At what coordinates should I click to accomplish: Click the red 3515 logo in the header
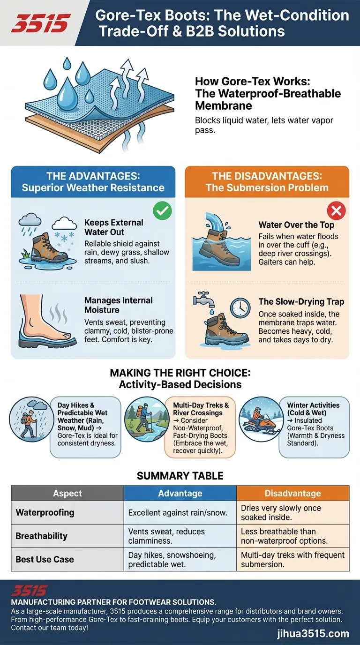[41, 23]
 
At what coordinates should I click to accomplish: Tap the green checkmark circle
[163, 211]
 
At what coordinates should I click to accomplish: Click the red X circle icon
[336, 211]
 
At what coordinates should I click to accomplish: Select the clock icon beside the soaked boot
[240, 307]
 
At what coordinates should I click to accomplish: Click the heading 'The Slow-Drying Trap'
[301, 302]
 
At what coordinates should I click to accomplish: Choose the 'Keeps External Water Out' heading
[114, 227]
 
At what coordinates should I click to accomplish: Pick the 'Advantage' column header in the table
[180, 493]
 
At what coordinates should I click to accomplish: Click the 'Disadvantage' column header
[292, 493]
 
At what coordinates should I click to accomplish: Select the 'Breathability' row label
[42, 536]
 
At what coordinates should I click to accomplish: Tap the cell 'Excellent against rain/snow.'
[178, 513]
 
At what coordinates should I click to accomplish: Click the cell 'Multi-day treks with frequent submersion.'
[292, 559]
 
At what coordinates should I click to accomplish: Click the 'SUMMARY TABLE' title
[180, 476]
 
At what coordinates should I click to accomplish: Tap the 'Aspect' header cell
[67, 493]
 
